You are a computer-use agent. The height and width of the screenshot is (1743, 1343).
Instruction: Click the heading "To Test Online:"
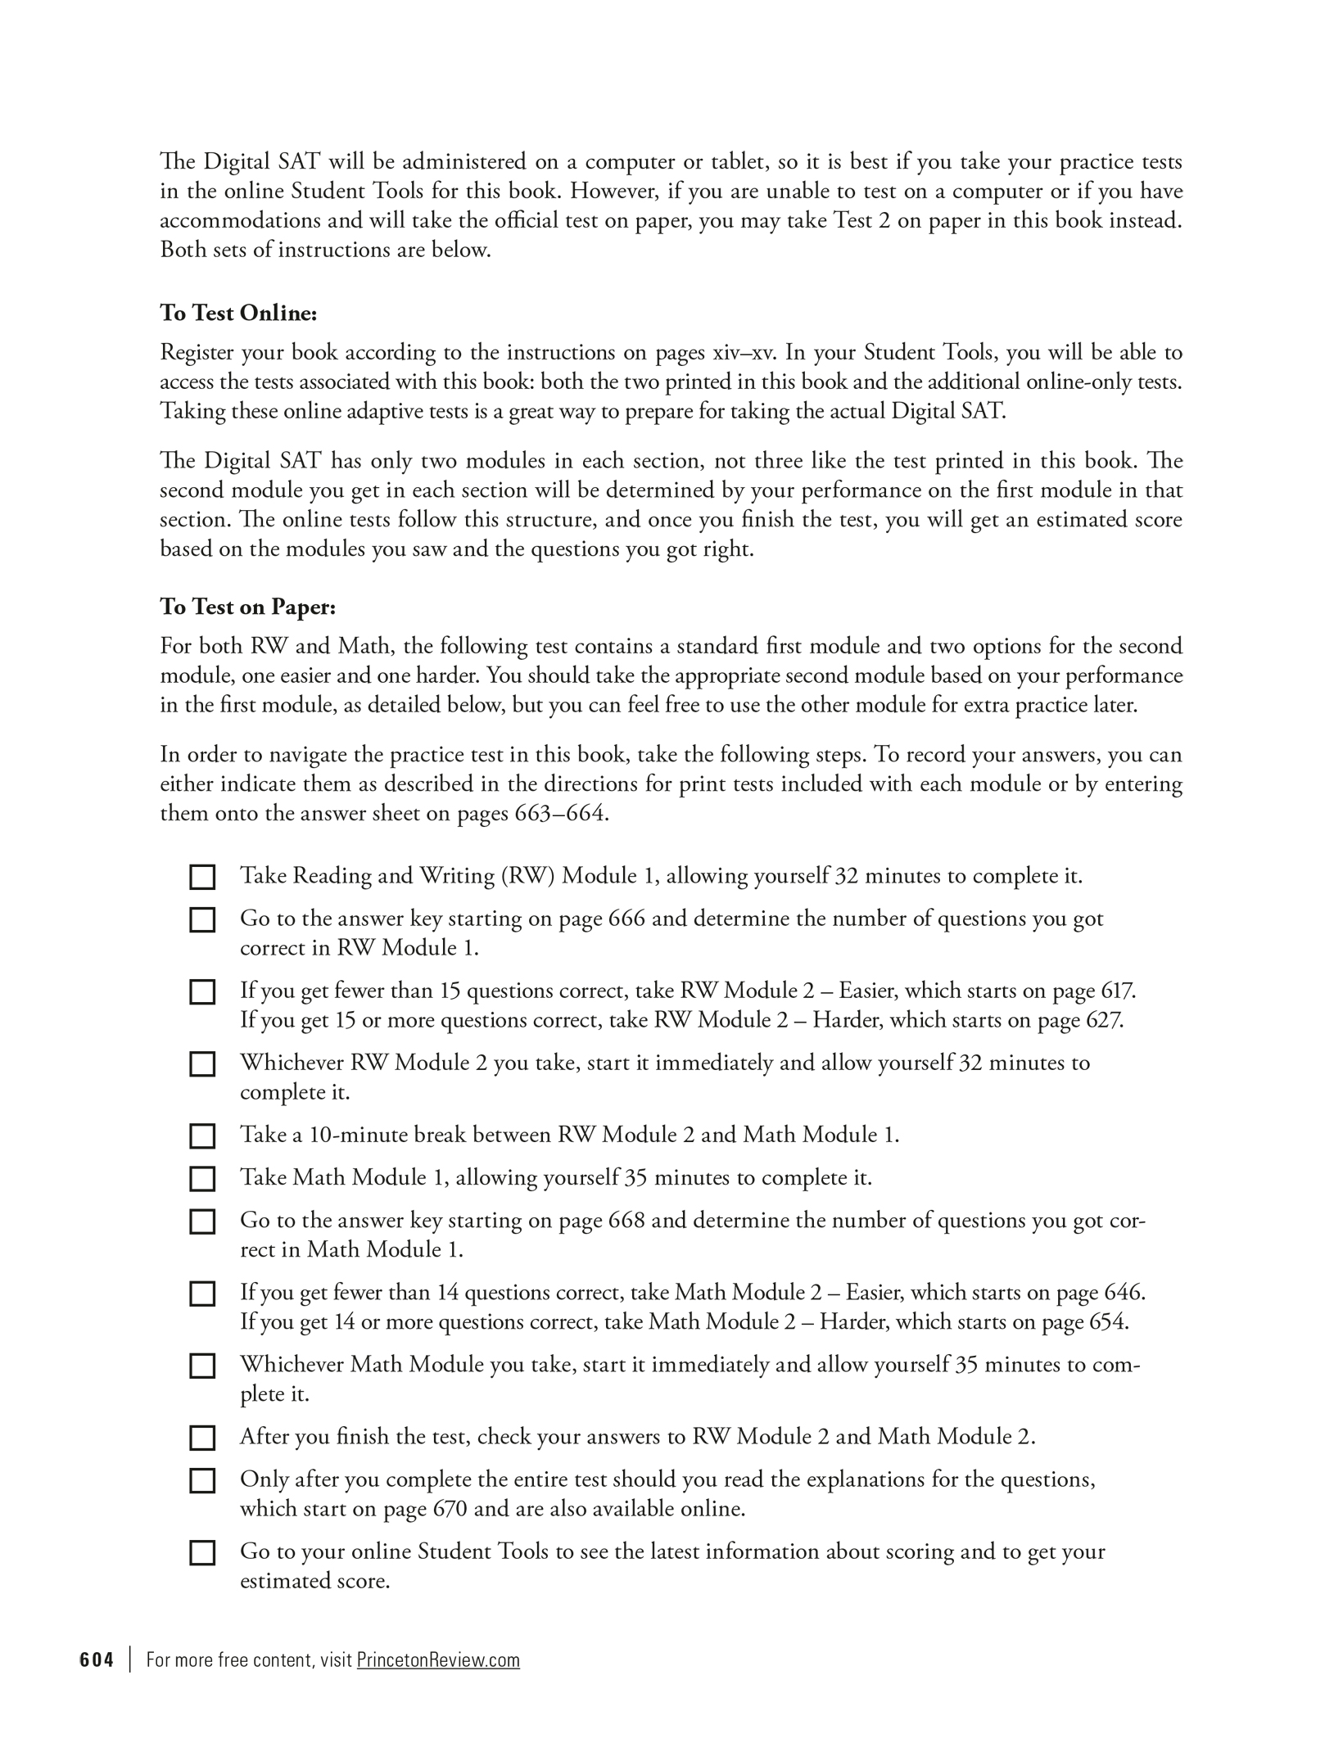point(237,314)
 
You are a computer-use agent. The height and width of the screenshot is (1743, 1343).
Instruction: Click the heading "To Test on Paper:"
point(247,607)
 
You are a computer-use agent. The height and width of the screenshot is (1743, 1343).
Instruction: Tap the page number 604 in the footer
point(97,1659)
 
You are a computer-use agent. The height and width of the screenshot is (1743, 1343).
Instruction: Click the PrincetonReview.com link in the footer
point(438,1659)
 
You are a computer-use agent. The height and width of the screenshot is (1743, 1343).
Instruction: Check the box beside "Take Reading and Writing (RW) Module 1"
point(202,877)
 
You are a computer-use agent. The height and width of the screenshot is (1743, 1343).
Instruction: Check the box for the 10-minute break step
point(202,1136)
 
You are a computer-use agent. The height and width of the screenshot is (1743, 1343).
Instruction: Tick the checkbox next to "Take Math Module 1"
point(202,1178)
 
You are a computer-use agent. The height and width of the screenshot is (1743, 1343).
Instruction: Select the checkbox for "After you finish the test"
point(202,1438)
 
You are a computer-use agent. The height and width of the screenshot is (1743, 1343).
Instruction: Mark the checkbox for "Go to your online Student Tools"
point(202,1552)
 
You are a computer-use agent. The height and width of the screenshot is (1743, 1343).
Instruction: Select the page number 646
point(1124,1293)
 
